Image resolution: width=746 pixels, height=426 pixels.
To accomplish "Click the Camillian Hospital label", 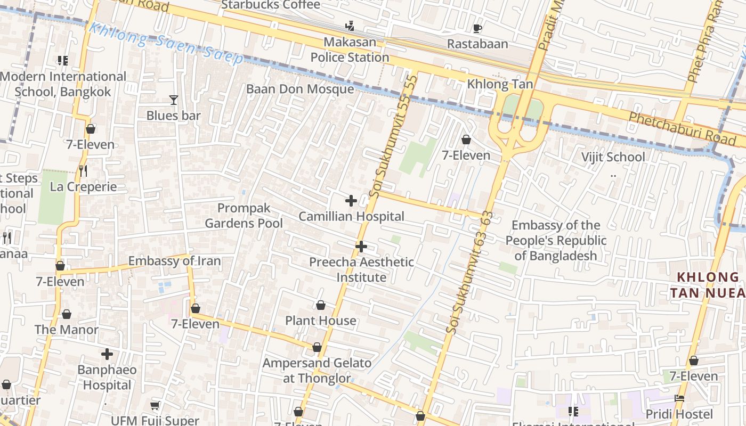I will point(351,217).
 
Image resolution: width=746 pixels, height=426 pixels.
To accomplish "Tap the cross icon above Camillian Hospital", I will point(351,201).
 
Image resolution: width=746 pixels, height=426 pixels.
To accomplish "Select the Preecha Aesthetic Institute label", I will point(361,269).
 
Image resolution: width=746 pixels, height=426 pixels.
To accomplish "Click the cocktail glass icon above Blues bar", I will point(173,100).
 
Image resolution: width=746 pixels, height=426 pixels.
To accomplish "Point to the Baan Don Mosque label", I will point(300,89).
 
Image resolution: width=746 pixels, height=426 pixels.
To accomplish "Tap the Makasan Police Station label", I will point(350,50).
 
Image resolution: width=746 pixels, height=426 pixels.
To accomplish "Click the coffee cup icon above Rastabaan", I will point(477,28).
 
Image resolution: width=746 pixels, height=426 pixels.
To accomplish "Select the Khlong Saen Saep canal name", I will point(165,43).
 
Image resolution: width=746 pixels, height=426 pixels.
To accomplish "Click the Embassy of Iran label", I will point(174,261).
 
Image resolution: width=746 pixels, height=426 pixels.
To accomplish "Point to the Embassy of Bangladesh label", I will point(556,240).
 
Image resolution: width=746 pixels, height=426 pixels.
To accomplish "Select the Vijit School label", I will point(613,157).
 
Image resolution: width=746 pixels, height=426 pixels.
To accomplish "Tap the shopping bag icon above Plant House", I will point(321,305).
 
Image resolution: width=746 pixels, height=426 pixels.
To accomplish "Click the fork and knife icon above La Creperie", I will point(83,171).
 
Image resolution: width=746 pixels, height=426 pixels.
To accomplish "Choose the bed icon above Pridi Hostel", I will point(679,398).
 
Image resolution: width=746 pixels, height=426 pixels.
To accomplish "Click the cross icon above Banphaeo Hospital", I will point(107,354).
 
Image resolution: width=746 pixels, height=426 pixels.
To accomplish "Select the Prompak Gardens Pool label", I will point(244,216).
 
